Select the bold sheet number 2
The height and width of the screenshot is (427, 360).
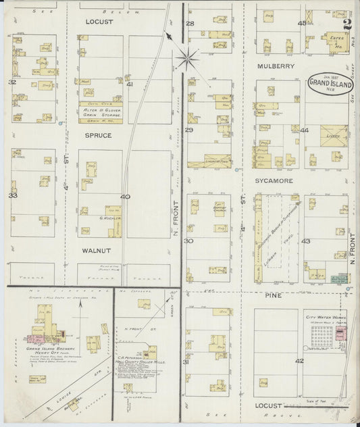[346, 26]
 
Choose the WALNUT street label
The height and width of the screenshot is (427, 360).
[97, 250]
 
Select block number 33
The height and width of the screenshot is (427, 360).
[12, 196]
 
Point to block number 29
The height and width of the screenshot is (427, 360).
[190, 130]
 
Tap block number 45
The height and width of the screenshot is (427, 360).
[303, 24]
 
